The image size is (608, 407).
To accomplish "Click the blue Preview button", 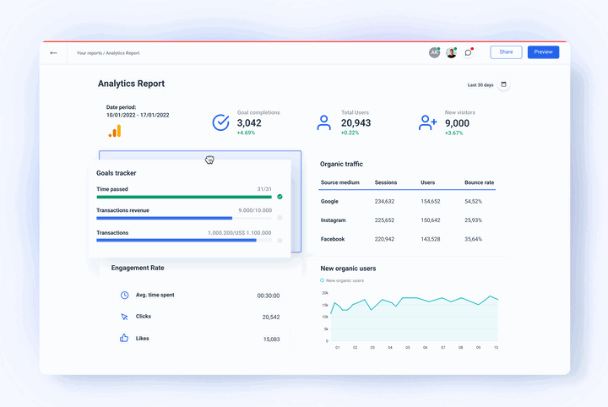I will point(543,52).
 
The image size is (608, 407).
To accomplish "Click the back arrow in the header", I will point(53,53).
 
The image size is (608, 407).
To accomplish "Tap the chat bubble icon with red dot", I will point(469,52).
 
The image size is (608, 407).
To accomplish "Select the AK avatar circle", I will point(434,52).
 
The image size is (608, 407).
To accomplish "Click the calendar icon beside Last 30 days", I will point(504,84).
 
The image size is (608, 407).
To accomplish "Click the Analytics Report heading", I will point(131,84).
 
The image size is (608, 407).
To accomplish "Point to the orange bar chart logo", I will point(114,131).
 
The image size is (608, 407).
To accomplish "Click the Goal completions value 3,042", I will point(249,123).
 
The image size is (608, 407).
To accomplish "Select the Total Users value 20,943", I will point(356,123).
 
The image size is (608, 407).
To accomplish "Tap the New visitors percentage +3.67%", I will point(454,133).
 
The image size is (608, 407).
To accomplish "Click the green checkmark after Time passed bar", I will point(280,197).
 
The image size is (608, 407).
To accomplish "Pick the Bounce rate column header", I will point(479,182).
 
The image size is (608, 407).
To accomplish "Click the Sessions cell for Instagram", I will point(385,220).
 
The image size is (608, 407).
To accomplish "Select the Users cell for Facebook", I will point(430,239).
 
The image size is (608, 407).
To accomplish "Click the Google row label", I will point(329,202).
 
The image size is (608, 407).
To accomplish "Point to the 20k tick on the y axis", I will point(325,293).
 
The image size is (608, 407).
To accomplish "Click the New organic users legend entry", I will point(343,280).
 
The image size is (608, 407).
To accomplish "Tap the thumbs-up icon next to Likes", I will point(124,338).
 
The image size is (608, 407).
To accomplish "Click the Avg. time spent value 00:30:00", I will point(269,296).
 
